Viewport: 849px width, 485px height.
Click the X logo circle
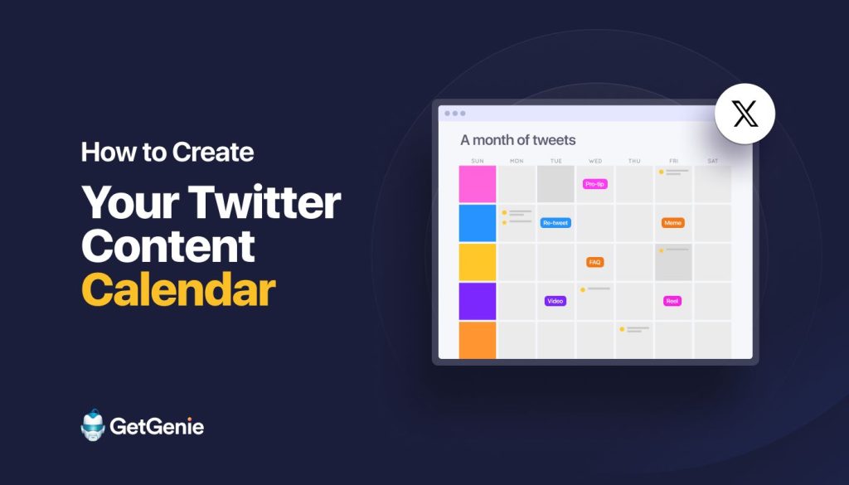(x=745, y=114)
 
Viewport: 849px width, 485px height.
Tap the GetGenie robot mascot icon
(x=93, y=425)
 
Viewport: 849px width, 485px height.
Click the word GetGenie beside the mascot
(x=157, y=426)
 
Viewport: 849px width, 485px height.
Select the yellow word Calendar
(x=179, y=289)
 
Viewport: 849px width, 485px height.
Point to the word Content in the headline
(x=167, y=245)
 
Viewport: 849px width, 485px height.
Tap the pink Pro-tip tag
(x=595, y=184)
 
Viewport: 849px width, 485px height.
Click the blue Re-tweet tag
(x=555, y=222)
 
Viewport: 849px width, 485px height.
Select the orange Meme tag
(x=672, y=222)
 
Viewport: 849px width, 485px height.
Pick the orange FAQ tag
(x=594, y=262)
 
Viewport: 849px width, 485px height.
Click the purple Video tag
(x=555, y=301)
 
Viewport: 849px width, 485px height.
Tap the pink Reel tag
(x=672, y=301)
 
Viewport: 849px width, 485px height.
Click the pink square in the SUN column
(x=478, y=184)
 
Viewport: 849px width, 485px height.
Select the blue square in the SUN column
(x=478, y=223)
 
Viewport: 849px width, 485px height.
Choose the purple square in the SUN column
(x=478, y=301)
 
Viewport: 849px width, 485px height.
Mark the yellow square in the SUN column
(x=478, y=262)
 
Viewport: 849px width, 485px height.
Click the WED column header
(x=595, y=161)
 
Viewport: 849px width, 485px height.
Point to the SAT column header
(x=712, y=161)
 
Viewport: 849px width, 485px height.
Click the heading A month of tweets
(x=517, y=140)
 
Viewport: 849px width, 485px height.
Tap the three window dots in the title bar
(x=455, y=113)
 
